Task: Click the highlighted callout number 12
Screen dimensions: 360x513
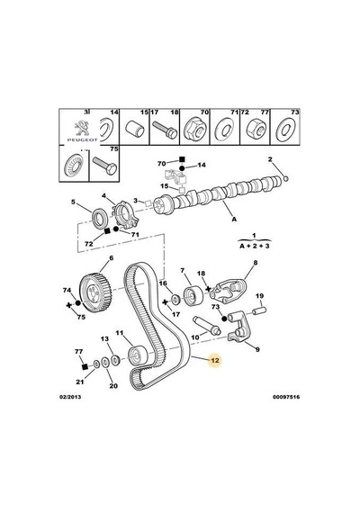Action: pyautogui.click(x=215, y=360)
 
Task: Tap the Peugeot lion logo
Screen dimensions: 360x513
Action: pyautogui.click(x=82, y=129)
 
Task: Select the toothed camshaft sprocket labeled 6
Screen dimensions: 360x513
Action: pyautogui.click(x=95, y=291)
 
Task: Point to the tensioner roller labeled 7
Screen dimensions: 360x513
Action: pyautogui.click(x=192, y=296)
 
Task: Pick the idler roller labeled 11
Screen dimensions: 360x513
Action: pyautogui.click(x=136, y=355)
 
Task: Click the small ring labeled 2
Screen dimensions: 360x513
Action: pyautogui.click(x=285, y=178)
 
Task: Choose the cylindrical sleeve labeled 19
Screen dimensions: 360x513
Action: pyautogui.click(x=260, y=310)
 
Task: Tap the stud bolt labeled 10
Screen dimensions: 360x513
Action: pyautogui.click(x=206, y=325)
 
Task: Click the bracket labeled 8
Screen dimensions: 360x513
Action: pyautogui.click(x=229, y=291)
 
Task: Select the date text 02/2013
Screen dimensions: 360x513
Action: pyautogui.click(x=70, y=397)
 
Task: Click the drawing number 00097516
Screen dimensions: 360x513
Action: pyautogui.click(x=285, y=397)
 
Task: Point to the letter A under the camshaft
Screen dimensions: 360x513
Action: pyautogui.click(x=234, y=220)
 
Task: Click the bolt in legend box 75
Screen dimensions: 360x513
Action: pyautogui.click(x=104, y=166)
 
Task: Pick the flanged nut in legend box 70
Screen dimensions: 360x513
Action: pyautogui.click(x=194, y=130)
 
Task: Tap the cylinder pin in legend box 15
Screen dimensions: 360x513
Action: pyautogui.click(x=135, y=129)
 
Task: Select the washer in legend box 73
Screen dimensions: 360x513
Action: pyautogui.click(x=285, y=130)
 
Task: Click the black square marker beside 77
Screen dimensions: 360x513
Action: pyautogui.click(x=85, y=366)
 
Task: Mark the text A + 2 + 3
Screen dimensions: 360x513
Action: pyautogui.click(x=255, y=246)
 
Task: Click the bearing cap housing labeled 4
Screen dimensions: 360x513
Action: pyautogui.click(x=125, y=215)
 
